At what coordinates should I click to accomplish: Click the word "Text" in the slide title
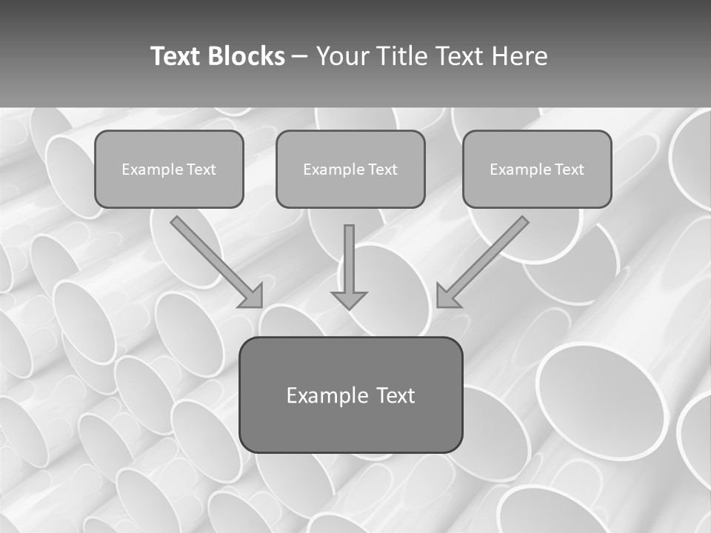176,56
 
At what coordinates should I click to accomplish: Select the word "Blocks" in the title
246,56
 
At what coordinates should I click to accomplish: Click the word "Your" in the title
342,56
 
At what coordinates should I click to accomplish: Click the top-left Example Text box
169,170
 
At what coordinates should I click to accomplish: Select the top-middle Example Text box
350,170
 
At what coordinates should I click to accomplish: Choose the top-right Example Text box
537,170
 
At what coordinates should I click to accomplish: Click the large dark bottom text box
350,395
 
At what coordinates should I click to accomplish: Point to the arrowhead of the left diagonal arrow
252,296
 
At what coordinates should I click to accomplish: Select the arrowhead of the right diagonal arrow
447,296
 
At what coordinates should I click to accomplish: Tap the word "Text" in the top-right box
570,170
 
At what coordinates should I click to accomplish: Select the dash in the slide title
301,56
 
